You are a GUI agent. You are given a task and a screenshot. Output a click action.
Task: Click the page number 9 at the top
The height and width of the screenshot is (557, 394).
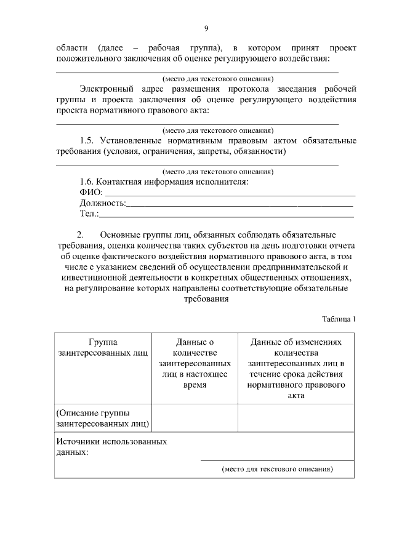click(x=206, y=28)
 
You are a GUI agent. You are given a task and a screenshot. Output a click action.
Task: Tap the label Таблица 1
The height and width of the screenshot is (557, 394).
click(x=339, y=319)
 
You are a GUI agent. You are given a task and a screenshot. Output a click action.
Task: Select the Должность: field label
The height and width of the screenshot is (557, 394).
click(x=102, y=203)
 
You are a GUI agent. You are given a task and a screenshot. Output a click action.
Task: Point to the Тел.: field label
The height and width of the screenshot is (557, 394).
click(x=89, y=214)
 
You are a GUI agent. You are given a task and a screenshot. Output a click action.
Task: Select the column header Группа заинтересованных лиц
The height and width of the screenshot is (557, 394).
click(x=102, y=348)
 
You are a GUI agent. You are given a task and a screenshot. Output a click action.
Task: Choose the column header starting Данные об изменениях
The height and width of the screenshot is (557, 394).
click(x=296, y=369)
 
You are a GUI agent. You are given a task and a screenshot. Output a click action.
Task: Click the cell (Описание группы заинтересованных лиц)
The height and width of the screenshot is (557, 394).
click(x=102, y=418)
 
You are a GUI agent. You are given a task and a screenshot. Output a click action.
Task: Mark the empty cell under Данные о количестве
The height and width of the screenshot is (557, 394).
click(x=194, y=418)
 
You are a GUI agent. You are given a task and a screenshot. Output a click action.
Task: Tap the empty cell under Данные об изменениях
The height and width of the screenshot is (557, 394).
click(x=296, y=418)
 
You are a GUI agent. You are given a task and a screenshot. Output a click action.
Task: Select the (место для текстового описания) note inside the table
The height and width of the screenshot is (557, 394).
click(x=277, y=469)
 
